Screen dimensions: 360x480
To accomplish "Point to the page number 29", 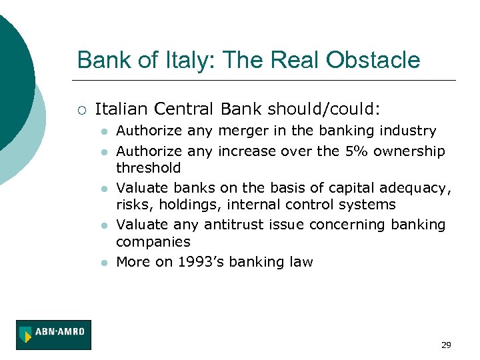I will (446, 345).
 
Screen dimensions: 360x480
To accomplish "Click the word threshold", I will (148, 167).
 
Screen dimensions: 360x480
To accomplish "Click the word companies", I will (153, 241).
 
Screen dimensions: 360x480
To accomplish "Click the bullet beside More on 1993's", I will (103, 263).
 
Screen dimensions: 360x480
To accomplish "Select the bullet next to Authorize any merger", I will (103, 131).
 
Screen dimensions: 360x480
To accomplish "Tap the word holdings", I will (183, 204).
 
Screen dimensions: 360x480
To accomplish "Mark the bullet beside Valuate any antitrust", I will (103, 226).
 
